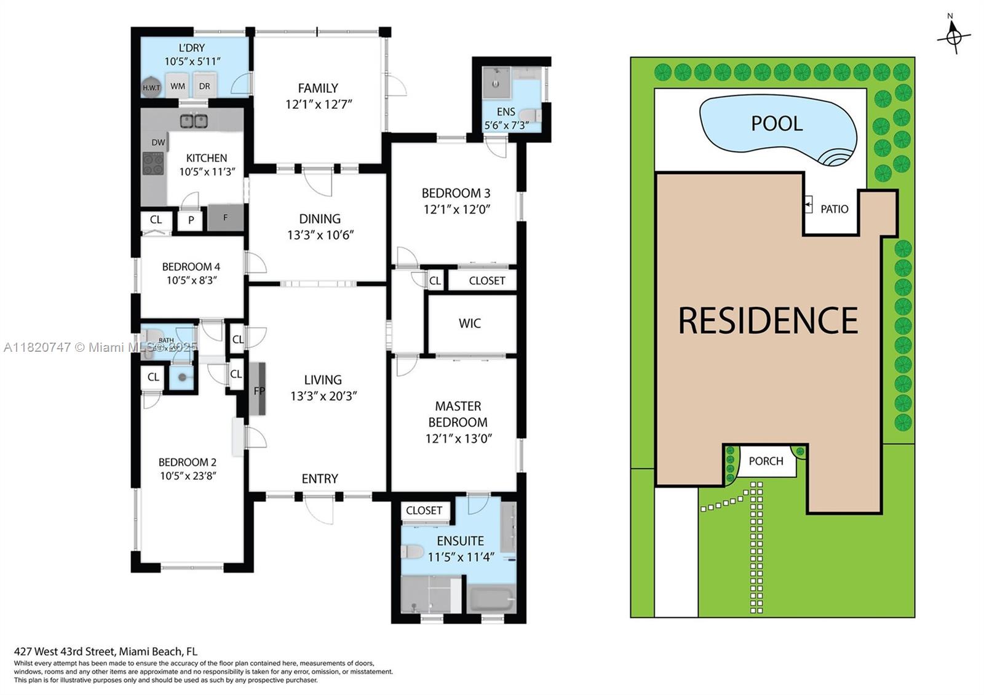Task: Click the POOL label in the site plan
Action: (x=777, y=124)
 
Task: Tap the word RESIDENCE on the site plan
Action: (x=768, y=320)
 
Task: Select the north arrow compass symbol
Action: (x=953, y=37)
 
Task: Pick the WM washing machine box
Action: (x=178, y=86)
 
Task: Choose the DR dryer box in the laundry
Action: (x=205, y=86)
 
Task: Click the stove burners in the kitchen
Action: (x=153, y=164)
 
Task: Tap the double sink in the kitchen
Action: (x=194, y=121)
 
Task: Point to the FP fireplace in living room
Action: (x=259, y=390)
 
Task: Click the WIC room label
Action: (x=470, y=324)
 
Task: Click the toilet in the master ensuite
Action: (x=411, y=551)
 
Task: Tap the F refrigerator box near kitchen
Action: (x=226, y=218)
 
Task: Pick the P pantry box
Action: (x=191, y=220)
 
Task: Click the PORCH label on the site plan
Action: (x=766, y=461)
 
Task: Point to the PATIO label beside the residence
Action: (x=834, y=209)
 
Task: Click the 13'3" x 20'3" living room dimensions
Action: (x=323, y=396)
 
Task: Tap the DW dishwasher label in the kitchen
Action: (x=158, y=142)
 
